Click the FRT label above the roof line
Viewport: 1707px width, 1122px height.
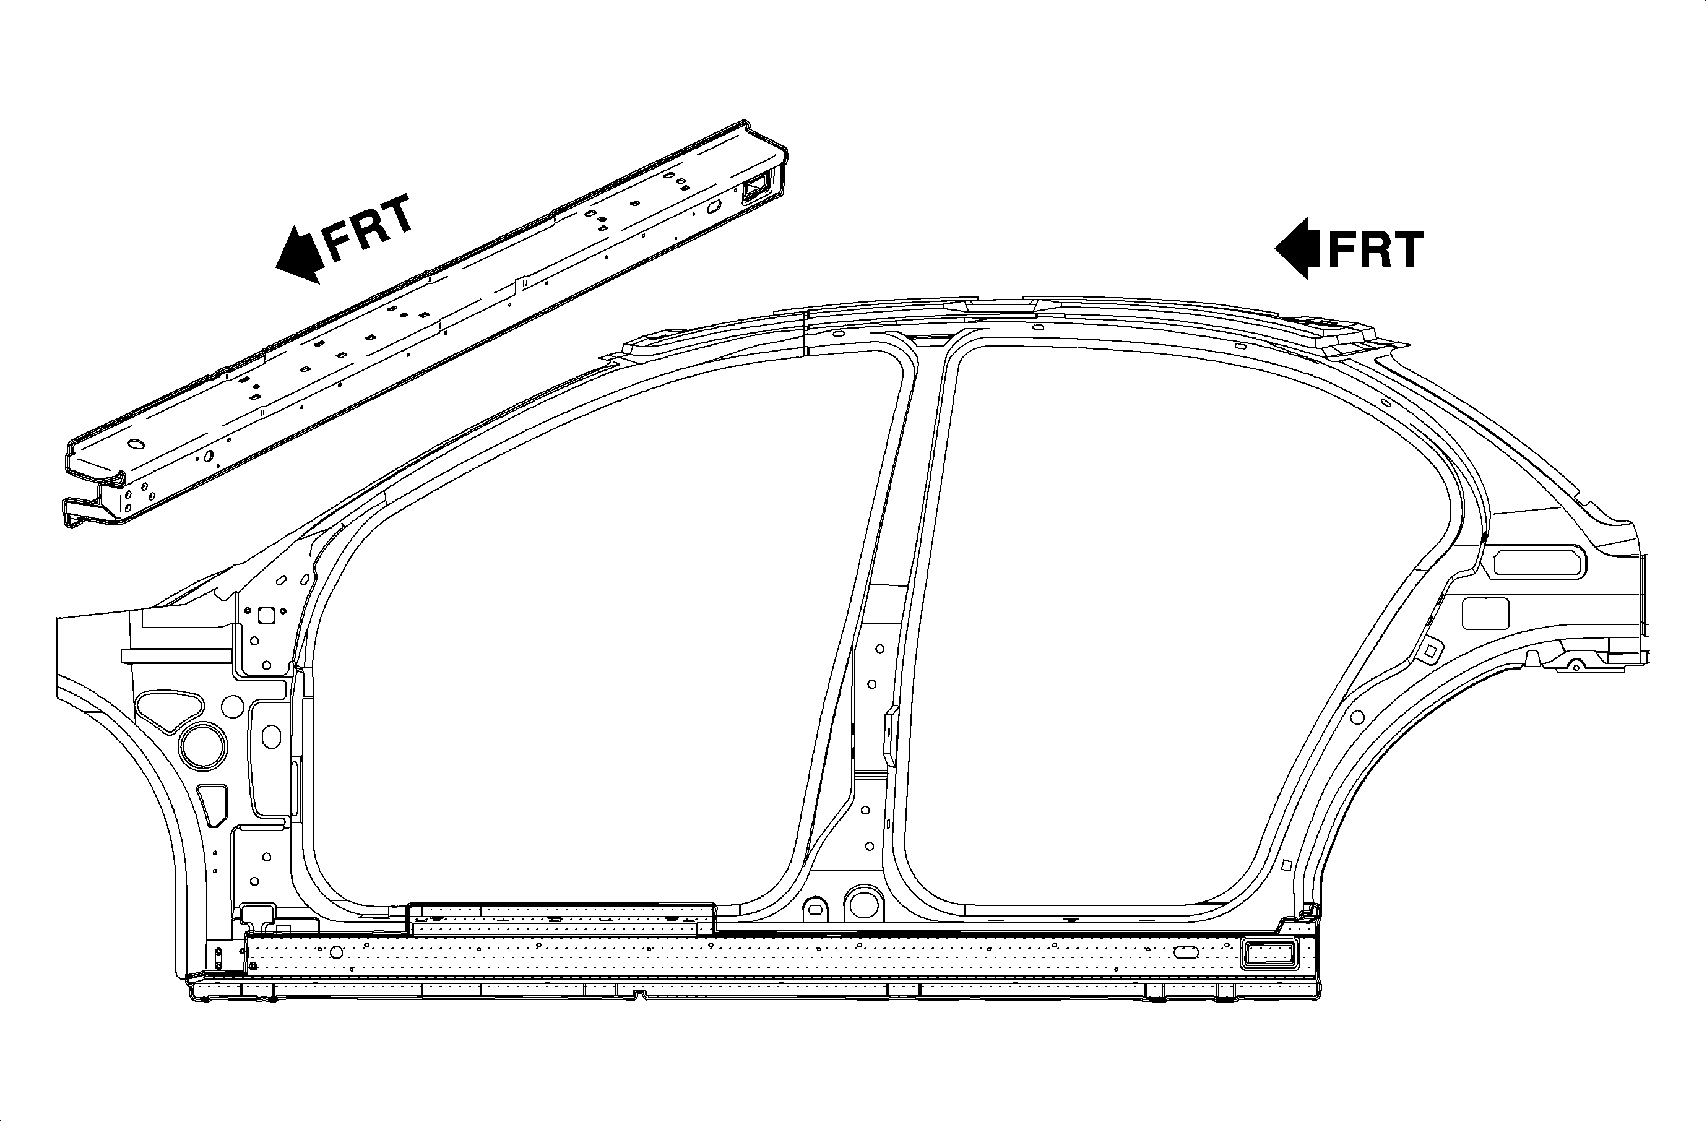tap(1376, 249)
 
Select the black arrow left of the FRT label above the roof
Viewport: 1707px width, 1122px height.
tap(1297, 248)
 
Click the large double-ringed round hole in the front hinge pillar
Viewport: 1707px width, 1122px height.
tap(203, 746)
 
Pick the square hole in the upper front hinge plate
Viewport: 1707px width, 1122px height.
tap(266, 615)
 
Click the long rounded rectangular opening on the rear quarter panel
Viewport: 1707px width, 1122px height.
tap(1540, 561)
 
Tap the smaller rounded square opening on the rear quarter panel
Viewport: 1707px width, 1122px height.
tap(1485, 613)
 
